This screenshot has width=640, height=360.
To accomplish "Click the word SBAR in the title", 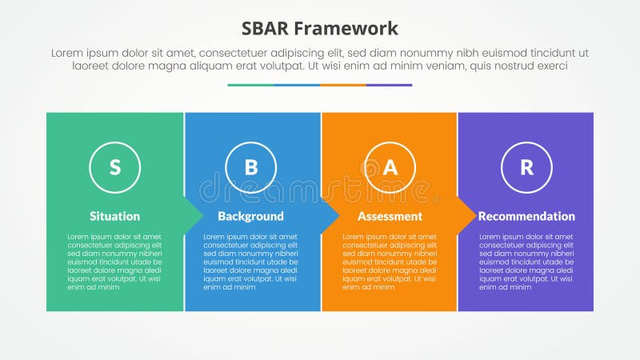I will coord(269,30).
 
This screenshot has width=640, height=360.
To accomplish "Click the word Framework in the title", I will coord(348,30).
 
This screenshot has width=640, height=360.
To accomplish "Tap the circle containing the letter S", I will coord(114,167).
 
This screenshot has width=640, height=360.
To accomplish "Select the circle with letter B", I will coord(251,167).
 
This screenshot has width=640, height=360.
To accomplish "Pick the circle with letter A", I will coord(390,167).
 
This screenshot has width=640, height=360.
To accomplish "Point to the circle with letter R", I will coord(526,167).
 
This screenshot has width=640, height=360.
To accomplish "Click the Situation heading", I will coord(114,216).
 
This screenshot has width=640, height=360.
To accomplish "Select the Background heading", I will coord(250,216).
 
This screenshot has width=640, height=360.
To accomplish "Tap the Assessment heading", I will coord(390,216).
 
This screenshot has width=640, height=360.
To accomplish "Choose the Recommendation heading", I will coord(526,216).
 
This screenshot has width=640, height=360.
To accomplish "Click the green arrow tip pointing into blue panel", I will coord(194,216).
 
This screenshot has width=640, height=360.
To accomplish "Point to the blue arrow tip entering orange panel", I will coord(331,216).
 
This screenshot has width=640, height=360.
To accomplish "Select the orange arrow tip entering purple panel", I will coord(467,216).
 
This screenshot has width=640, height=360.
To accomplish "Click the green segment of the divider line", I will coord(250,85).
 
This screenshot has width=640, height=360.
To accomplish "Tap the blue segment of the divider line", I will coord(297,85).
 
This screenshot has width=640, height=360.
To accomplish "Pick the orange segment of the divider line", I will coord(343,85).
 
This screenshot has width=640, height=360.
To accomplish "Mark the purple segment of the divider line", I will coord(390,85).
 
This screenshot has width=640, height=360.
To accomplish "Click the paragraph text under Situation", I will coord(114,262).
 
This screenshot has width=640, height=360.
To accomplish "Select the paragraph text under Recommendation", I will coord(526,262).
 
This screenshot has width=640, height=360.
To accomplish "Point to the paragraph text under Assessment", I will coord(390,262).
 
